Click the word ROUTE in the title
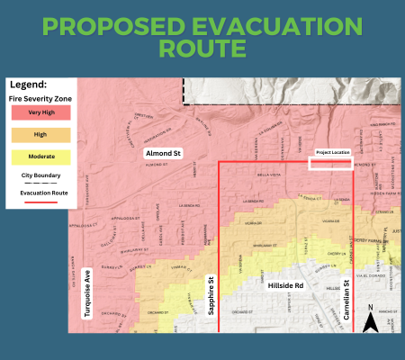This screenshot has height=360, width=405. [x=202, y=49]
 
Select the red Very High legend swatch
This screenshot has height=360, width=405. [x=34, y=114]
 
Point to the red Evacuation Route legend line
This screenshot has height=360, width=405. [x=34, y=202]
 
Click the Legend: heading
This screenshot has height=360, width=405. [x=28, y=83]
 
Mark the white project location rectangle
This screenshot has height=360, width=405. [x=324, y=163]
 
